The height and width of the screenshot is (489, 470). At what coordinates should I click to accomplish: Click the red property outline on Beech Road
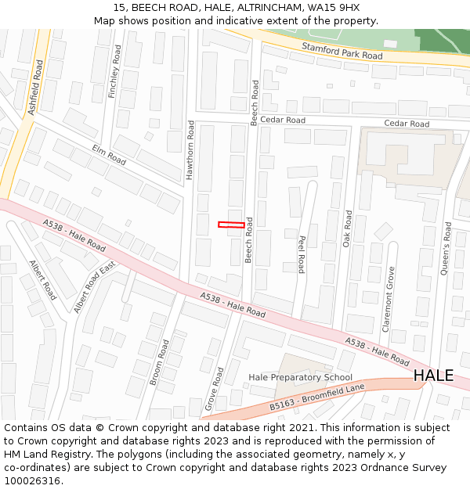(x=230, y=225)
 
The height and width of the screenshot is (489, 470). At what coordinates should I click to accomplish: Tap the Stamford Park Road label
(x=342, y=51)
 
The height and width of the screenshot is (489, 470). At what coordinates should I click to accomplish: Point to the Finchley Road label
(x=116, y=71)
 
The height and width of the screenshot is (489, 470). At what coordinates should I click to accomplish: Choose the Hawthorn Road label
(x=190, y=150)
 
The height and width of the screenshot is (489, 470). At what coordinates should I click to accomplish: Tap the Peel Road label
(x=301, y=254)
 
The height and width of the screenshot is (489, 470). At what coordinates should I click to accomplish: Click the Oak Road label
(x=347, y=228)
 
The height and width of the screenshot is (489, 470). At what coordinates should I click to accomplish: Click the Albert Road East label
(x=94, y=289)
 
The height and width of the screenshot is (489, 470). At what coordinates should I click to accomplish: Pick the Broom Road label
(x=159, y=362)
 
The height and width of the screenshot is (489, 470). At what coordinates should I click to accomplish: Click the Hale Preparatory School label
(x=300, y=377)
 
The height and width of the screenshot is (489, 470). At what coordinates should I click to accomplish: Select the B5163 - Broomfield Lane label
(x=317, y=397)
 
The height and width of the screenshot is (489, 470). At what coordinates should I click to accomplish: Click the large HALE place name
(x=433, y=376)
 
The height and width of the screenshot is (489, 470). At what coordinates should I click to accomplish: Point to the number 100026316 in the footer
(x=33, y=481)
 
